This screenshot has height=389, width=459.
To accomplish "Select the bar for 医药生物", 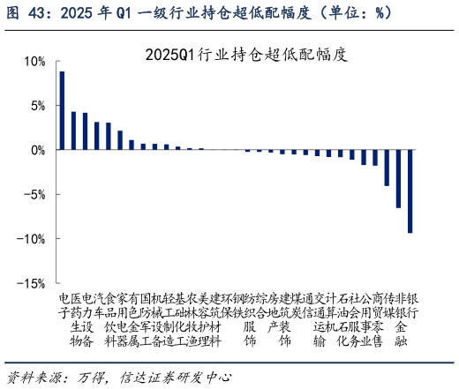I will (x=73, y=131).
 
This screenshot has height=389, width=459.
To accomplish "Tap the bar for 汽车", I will (x=85, y=131).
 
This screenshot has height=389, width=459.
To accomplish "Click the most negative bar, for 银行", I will (x=410, y=191).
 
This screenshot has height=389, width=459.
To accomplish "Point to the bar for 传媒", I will (x=387, y=168).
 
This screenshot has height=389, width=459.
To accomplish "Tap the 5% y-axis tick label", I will (x=36, y=106).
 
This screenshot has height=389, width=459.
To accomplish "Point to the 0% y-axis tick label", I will (x=36, y=151).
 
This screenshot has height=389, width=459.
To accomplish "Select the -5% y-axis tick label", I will (x=34, y=195).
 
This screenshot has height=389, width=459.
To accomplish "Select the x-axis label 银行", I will (x=410, y=304).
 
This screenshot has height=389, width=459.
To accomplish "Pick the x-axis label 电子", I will (x=63, y=304).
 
